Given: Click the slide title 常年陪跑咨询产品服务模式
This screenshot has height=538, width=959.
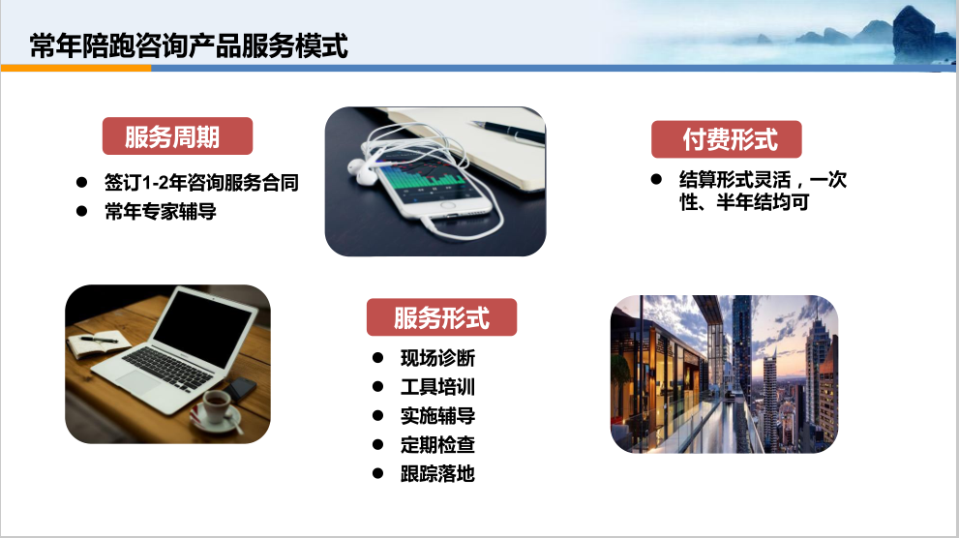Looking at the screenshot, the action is [189, 45].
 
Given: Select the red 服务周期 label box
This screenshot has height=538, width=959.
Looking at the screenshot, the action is [177, 135].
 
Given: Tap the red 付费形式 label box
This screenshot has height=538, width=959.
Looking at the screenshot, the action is [726, 139].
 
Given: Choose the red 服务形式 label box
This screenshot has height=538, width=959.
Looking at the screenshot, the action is [441, 317].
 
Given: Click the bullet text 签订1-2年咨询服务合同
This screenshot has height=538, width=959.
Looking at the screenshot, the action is [201, 182].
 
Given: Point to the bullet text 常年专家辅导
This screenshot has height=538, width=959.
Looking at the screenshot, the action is [161, 212].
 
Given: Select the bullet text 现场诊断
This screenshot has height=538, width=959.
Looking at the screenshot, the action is [437, 358].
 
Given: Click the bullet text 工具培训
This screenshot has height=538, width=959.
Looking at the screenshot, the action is [437, 386].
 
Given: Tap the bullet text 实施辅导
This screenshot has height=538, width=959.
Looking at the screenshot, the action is [437, 416].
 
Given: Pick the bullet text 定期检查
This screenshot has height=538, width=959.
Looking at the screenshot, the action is [437, 444].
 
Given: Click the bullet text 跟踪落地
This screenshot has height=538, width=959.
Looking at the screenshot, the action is [437, 473].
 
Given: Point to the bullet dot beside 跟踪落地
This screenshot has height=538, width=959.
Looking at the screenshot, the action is [377, 473].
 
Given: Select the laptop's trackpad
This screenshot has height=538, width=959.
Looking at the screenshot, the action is [138, 383].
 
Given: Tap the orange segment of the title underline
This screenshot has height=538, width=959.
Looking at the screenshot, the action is [75, 69].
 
